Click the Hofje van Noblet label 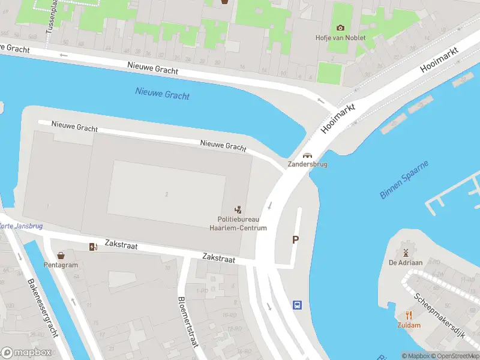click(340, 38)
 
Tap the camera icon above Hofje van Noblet click(340, 28)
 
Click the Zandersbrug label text click(307, 164)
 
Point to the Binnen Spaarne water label click(404, 180)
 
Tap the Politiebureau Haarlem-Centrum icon click(238, 209)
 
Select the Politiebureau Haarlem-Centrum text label click(238, 224)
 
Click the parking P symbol click(295, 240)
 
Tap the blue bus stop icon click(297, 305)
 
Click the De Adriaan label click(406, 262)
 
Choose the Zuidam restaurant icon click(409, 315)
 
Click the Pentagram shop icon click(61, 255)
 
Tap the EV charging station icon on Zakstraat click(93, 247)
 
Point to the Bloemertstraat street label click(187, 323)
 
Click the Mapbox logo click(27, 352)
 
